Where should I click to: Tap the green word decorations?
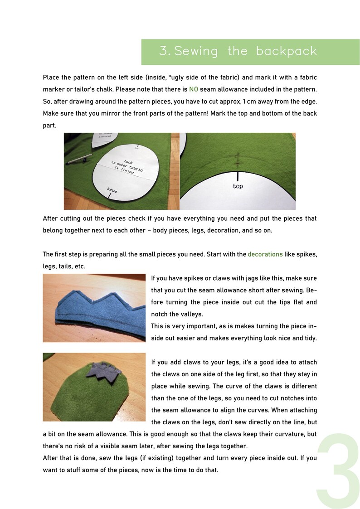(x=265, y=254)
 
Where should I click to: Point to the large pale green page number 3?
(x=339, y=471)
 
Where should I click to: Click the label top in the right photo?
(x=238, y=186)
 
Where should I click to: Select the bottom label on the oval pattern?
(x=112, y=191)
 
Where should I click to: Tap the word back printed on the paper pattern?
(x=128, y=161)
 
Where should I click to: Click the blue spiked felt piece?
(x=91, y=308)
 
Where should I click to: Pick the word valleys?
(x=191, y=314)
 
